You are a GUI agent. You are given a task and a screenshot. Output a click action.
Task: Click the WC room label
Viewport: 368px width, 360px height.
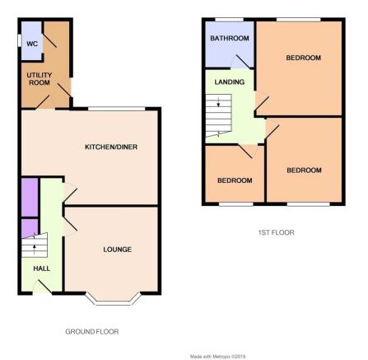(x=32, y=44)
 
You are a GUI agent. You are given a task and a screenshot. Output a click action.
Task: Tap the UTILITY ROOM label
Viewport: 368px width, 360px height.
(x=40, y=79)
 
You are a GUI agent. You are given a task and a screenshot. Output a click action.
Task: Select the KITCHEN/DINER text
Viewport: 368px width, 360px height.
(x=111, y=147)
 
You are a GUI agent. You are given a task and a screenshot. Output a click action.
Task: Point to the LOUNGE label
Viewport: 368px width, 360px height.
(x=118, y=250)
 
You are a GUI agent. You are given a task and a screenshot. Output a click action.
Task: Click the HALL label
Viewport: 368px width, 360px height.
(x=42, y=269)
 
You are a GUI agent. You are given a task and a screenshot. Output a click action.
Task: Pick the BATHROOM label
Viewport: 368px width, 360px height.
(x=230, y=38)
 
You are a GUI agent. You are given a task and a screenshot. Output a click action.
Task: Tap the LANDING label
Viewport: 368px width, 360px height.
(x=230, y=82)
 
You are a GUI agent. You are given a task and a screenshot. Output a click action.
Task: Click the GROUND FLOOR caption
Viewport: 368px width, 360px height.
(x=92, y=332)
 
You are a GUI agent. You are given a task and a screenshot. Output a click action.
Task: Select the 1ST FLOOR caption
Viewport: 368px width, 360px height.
(x=277, y=232)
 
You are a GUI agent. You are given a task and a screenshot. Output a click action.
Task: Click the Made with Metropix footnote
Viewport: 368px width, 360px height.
(x=217, y=357)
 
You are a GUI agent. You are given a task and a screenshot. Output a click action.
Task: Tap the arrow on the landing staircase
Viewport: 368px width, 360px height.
(x=218, y=102)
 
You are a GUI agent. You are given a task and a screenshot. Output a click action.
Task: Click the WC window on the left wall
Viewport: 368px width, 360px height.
(x=20, y=40)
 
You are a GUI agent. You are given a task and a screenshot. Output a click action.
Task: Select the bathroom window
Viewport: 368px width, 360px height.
(x=229, y=20)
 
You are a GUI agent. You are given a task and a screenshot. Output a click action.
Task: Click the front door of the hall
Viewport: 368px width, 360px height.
(x=43, y=287)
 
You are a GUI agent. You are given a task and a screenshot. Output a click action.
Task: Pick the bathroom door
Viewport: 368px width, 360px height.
(x=241, y=62)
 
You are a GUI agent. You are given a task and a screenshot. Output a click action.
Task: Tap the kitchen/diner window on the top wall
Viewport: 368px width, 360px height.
(x=117, y=109)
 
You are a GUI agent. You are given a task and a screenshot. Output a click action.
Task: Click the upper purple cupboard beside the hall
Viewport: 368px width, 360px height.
(x=30, y=198)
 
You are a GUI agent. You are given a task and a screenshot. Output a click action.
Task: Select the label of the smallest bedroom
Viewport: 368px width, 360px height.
(x=235, y=180)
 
